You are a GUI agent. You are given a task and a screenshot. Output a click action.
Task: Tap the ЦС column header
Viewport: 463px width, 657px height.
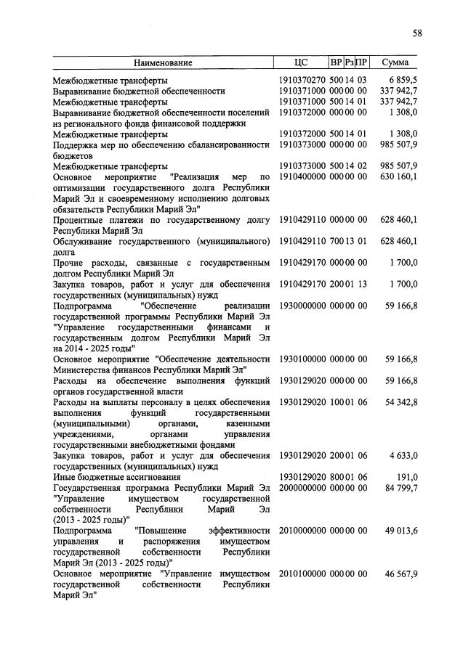pos(302,62)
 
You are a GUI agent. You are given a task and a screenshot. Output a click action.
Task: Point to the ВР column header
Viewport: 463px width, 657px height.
pos(337,62)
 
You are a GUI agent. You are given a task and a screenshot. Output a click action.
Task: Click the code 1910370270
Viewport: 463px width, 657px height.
pos(302,80)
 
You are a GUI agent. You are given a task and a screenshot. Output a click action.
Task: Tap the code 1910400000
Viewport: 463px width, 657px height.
pos(302,177)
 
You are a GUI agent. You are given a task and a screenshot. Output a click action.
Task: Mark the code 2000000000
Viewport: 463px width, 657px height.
pos(302,488)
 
